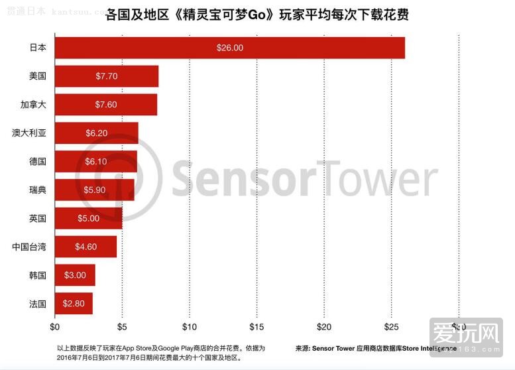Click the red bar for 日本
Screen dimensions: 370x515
coord(229,48)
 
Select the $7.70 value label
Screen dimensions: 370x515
coord(106,76)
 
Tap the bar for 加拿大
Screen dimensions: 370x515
coord(106,105)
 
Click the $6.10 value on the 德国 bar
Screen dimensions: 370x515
coord(96,162)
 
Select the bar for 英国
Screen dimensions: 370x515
coord(88,218)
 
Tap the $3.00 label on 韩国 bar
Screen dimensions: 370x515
coord(75,275)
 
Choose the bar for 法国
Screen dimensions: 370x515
coord(74,304)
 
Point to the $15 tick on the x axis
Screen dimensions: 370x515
coord(257,326)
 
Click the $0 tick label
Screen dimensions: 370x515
coord(55,326)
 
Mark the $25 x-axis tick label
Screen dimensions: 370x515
coord(391,326)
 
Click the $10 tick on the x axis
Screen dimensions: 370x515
coord(190,326)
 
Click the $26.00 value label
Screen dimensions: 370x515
coord(229,48)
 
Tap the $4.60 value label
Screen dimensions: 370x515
coord(86,247)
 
